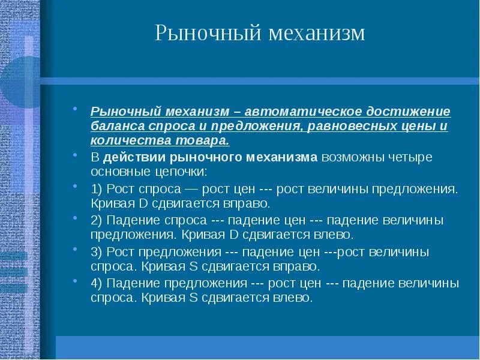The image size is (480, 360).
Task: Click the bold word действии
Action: coord(134,158)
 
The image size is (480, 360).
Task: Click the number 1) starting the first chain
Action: coord(97,189)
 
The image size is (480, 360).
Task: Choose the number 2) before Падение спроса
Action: coord(97,220)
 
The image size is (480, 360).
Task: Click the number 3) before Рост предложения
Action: coord(97,251)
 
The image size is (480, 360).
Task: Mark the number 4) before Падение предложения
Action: coord(97,283)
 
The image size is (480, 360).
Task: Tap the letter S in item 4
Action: coord(194,297)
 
